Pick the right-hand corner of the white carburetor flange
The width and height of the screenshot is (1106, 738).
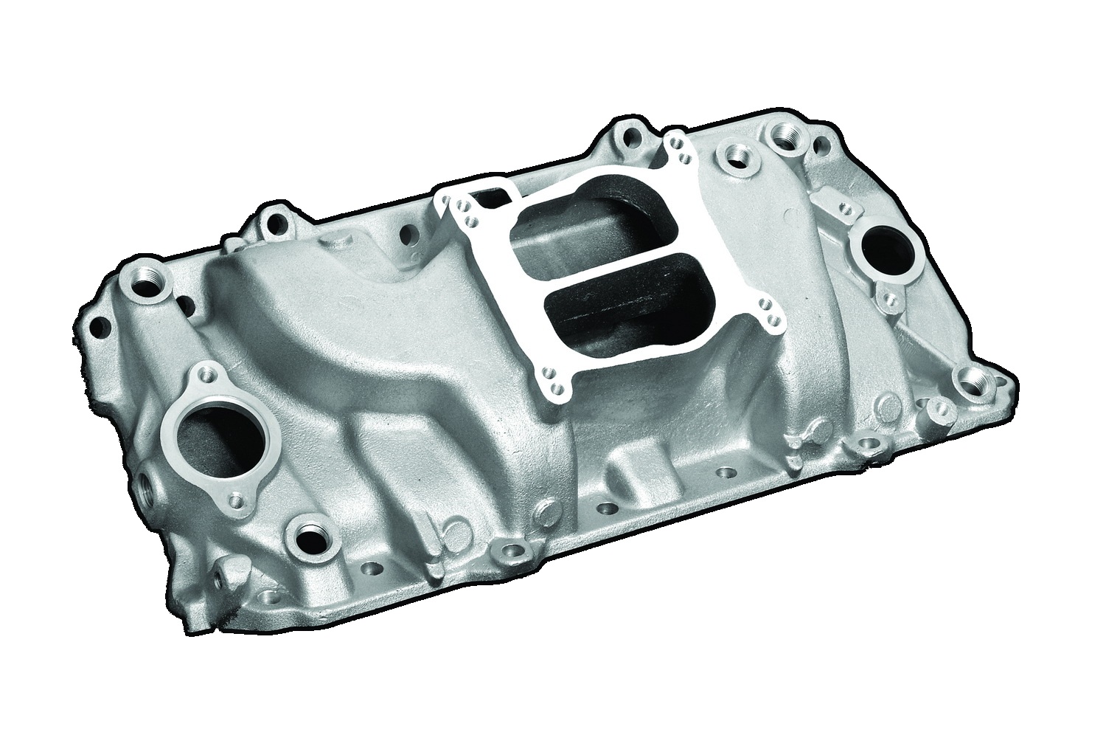point(770,313)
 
